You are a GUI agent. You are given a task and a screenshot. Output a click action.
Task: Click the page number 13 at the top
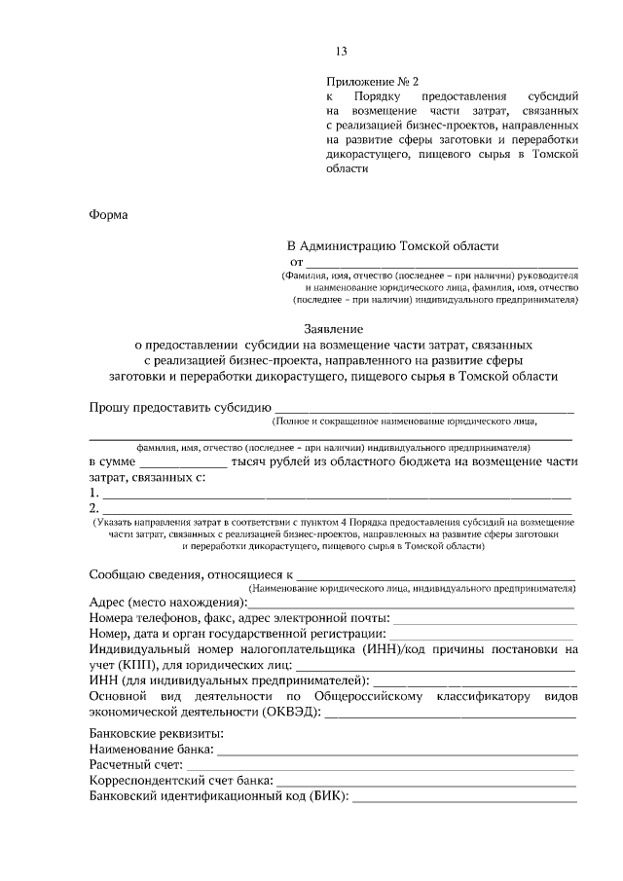coord(341,52)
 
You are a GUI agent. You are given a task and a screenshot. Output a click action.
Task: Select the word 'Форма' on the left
coord(108,215)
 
